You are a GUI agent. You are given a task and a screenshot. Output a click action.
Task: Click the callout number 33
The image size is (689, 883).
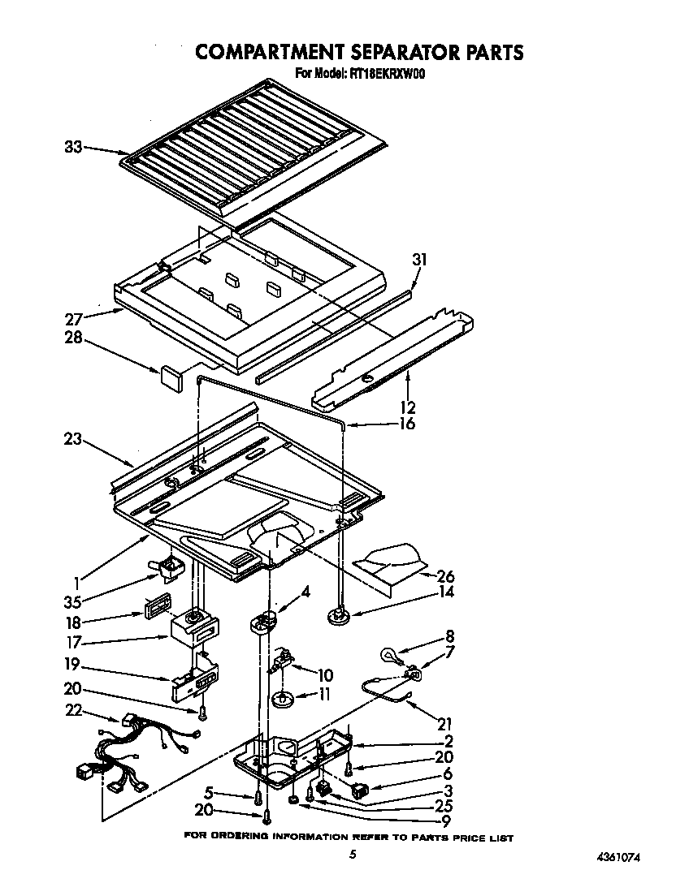coord(72,148)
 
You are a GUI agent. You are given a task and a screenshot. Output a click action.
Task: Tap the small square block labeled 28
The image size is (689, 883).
coord(171,375)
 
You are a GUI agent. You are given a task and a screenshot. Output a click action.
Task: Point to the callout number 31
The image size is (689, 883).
coord(419,261)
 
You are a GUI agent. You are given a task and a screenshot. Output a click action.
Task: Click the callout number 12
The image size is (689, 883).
coord(407,407)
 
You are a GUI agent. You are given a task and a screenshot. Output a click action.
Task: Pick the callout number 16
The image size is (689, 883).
coord(407,424)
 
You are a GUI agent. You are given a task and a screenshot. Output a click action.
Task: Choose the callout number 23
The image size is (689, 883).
coord(72,439)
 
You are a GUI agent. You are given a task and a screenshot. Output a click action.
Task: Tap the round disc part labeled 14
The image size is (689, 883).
coord(339,619)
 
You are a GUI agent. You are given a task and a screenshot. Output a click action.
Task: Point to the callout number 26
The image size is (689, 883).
coord(445,577)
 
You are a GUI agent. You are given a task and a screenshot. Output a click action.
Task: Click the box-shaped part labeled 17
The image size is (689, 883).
coord(193,628)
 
